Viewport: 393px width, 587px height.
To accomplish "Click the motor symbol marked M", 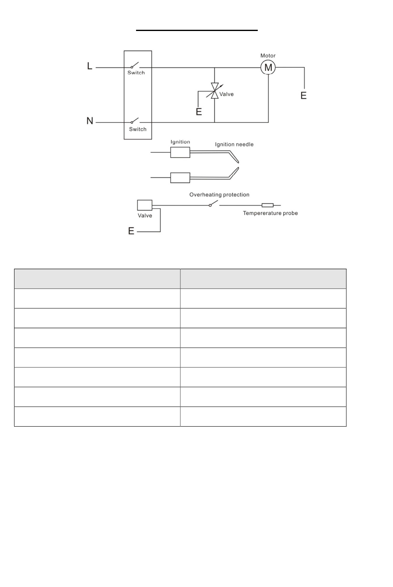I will point(268,67).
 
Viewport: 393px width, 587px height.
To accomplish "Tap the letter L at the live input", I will point(90,66).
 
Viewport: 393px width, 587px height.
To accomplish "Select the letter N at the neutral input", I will point(90,121).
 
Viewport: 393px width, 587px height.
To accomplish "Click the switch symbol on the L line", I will point(135,65).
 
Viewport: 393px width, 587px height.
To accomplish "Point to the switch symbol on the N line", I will point(135,121).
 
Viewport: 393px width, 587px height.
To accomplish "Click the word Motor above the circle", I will point(268,55).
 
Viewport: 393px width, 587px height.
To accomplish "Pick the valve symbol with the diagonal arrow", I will point(214,91).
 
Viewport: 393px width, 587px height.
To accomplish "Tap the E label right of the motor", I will point(304,96).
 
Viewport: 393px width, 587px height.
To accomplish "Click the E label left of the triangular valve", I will point(199,112).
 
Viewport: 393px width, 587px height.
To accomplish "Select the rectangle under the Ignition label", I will point(180,153).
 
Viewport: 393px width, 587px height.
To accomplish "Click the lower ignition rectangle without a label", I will point(180,178).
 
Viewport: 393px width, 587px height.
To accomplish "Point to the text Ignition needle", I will point(234,144).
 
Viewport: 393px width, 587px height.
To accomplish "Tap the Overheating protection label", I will point(219,194).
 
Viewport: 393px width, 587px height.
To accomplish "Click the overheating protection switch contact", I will point(213,204).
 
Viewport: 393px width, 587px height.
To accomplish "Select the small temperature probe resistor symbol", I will point(268,205).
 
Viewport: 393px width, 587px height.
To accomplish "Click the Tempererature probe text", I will point(270,213).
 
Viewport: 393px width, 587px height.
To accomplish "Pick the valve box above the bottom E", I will point(145,205).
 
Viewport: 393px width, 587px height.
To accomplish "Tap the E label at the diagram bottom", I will point(131,231).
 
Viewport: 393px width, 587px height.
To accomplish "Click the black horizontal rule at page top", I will point(197,30).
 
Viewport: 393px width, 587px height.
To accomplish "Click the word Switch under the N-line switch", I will point(138,129).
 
